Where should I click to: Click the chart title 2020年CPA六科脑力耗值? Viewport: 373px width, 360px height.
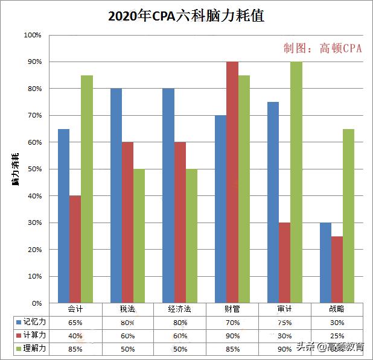pyautogui.click(x=186, y=16)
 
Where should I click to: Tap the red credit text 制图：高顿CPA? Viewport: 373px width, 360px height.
pyautogui.click(x=323, y=48)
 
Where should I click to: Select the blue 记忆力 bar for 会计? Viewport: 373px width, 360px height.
pyautogui.click(x=64, y=216)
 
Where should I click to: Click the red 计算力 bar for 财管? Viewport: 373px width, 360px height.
pyautogui.click(x=232, y=182)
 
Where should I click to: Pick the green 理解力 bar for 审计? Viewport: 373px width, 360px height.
pyautogui.click(x=296, y=182)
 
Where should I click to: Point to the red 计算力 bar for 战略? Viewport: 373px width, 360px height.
pyautogui.click(x=337, y=270)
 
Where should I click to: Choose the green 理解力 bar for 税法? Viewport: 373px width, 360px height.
pyautogui.click(x=139, y=236)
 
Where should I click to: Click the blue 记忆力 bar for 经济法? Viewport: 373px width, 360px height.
pyautogui.click(x=168, y=195)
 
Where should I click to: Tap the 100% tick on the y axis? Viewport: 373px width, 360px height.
pyautogui.click(x=32, y=36)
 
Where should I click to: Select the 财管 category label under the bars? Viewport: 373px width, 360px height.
pyautogui.click(x=232, y=309)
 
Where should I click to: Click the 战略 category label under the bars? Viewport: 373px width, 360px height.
pyautogui.click(x=337, y=309)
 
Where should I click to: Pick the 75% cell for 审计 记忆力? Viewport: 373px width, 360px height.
pyautogui.click(x=284, y=323)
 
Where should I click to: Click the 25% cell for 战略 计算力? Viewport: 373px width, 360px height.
pyautogui.click(x=337, y=335)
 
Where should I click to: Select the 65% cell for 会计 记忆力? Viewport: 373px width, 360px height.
pyautogui.click(x=75, y=323)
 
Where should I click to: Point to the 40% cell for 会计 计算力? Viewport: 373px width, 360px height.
pyautogui.click(x=75, y=335)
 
